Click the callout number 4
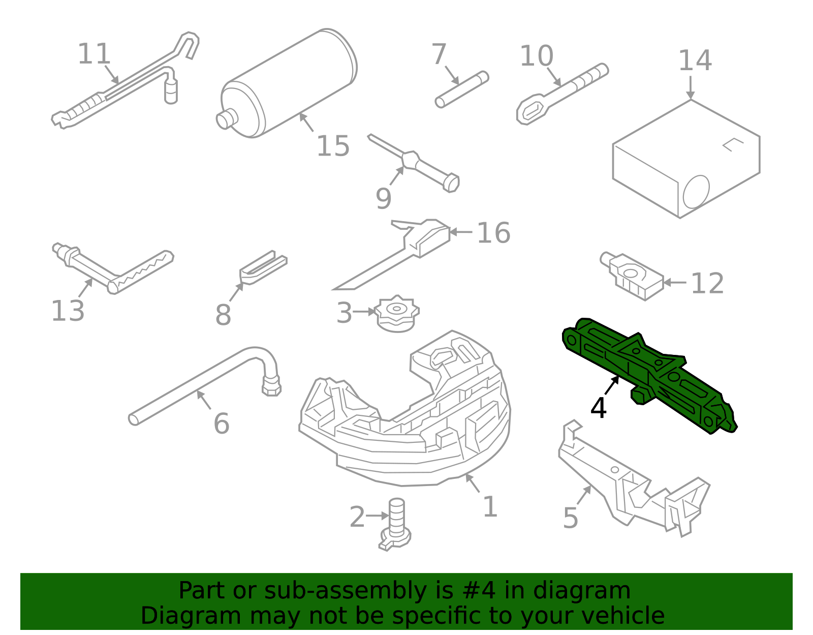point(599,408)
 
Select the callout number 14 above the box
point(695,61)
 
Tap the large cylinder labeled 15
point(290,84)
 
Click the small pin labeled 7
point(461,89)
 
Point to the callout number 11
point(94,54)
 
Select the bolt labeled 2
point(396,524)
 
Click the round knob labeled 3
point(397,313)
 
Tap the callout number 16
point(493,233)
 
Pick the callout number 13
point(68,311)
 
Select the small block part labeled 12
point(633,277)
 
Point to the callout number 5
point(571,518)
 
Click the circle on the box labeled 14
point(696,192)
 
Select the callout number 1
point(489,507)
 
